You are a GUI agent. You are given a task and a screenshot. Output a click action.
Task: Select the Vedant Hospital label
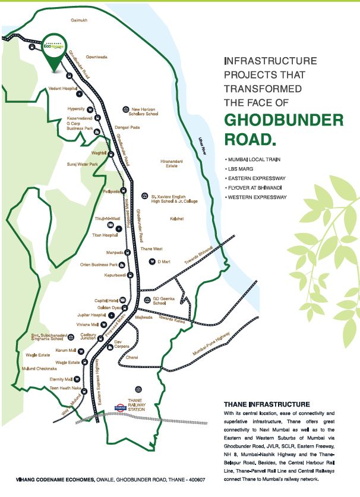pyautogui.click(x=63, y=87)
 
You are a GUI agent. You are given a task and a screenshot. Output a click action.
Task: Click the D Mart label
pyautogui.click(x=163, y=261)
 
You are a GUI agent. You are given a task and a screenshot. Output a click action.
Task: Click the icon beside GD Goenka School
pyautogui.click(x=147, y=300)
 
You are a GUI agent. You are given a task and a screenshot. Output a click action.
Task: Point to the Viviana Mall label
pyautogui.click(x=87, y=325)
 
